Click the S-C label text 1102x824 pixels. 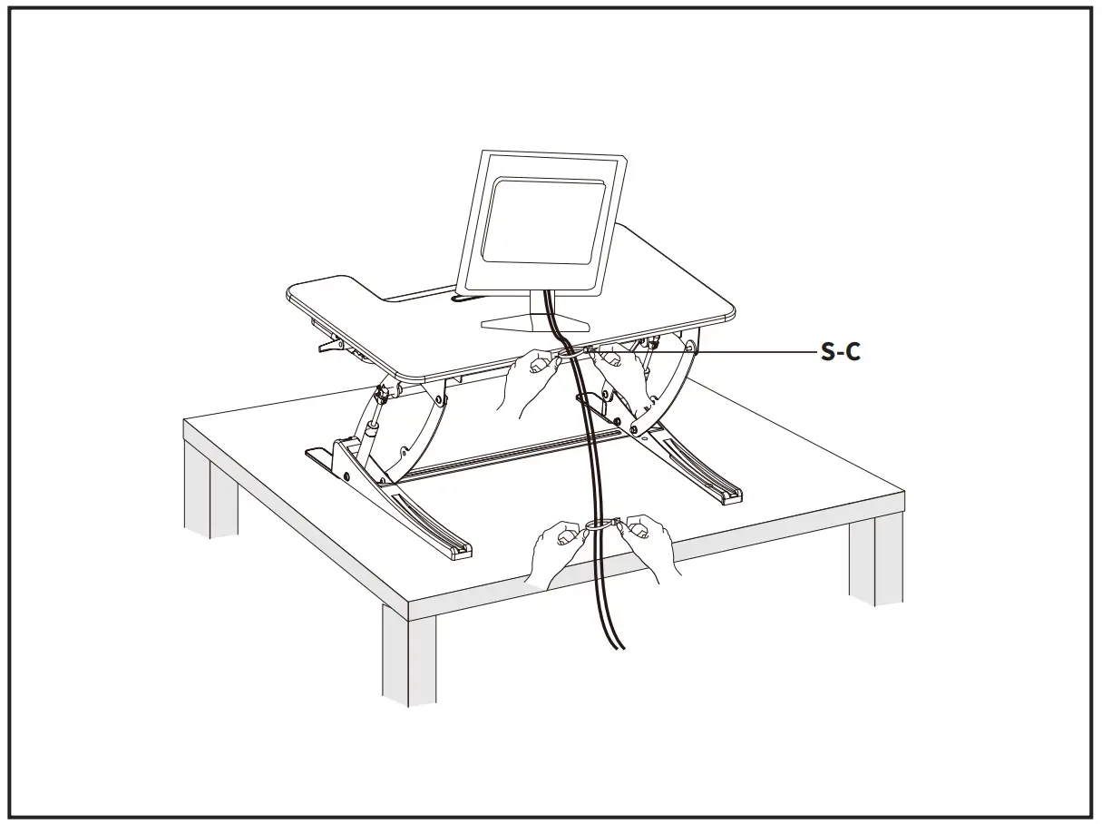point(840,352)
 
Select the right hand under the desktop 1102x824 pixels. point(626,374)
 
